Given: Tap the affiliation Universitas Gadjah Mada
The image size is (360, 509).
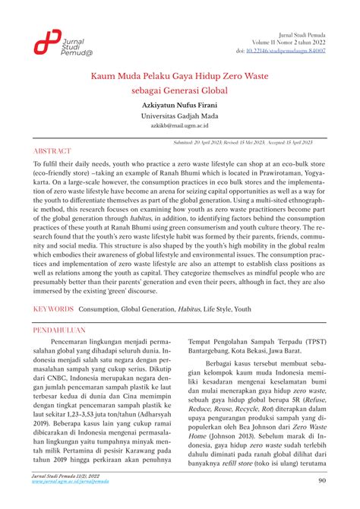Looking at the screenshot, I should (179, 116).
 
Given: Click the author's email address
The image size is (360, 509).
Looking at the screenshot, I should (179, 127).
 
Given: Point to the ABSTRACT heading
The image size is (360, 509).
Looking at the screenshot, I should (55, 150).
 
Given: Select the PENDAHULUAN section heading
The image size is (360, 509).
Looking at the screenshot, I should (65, 332).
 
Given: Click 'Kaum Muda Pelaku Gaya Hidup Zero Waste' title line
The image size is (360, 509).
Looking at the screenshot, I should (179, 76).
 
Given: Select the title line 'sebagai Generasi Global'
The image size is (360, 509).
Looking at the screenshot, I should (179, 90).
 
